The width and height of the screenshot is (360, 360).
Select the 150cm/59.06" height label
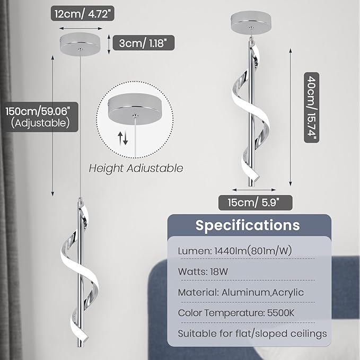(x=38, y=111)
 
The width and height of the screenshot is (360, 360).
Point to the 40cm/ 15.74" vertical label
(x=312, y=108)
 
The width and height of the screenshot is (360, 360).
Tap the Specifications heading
(x=248, y=225)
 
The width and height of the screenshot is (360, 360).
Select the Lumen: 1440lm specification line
(x=235, y=251)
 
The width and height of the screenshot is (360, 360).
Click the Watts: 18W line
(x=203, y=271)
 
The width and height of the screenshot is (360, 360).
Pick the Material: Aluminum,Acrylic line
(x=241, y=293)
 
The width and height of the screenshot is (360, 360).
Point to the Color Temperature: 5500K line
(x=236, y=313)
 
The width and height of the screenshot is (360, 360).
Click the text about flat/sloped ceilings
(x=252, y=333)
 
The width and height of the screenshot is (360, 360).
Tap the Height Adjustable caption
(x=136, y=168)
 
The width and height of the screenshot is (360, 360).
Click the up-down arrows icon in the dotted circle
(x=122, y=138)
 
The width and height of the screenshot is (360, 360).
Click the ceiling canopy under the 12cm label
(x=80, y=43)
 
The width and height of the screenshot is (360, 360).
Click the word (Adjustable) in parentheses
(x=40, y=123)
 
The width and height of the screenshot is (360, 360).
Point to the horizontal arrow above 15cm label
(x=254, y=190)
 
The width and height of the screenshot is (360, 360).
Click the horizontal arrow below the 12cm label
(x=81, y=29)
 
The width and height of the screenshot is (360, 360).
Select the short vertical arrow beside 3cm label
(x=109, y=45)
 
